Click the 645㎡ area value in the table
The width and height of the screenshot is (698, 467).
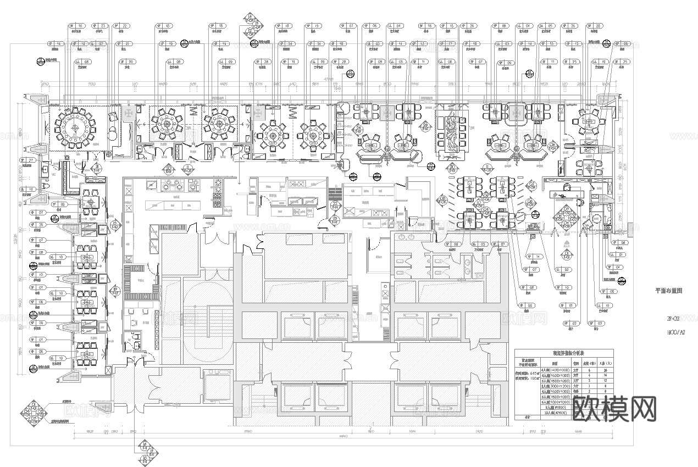(525, 373)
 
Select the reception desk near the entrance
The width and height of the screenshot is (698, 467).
(566, 190)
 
